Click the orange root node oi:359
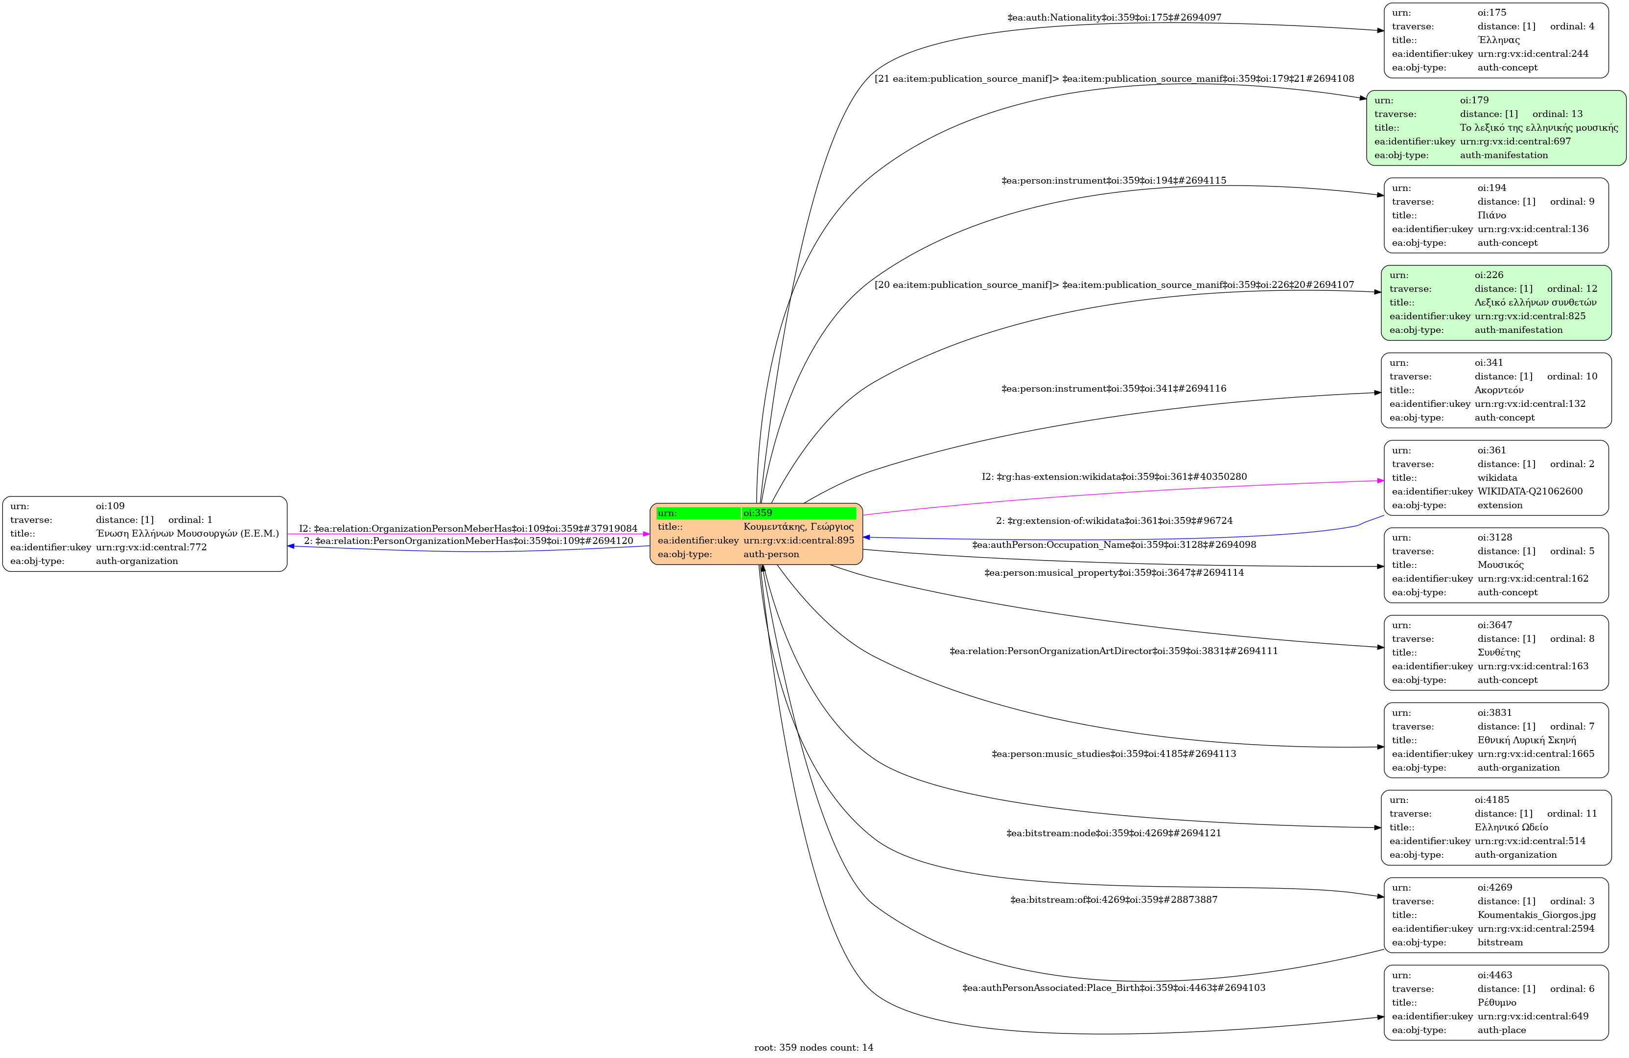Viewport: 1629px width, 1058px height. pos(756,534)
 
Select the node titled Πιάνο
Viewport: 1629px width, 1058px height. pos(1496,215)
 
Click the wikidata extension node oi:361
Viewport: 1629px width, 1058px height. pos(1496,477)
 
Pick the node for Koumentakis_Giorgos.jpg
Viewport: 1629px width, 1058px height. pos(1496,915)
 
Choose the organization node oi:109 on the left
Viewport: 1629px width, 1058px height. pos(144,534)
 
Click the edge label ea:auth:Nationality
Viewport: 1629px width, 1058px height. pos(1114,17)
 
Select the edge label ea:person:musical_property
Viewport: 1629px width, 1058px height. pos(1114,572)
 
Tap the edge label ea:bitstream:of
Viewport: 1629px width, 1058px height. pos(1114,899)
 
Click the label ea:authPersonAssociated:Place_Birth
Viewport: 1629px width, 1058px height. pos(1114,987)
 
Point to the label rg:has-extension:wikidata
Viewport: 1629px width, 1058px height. pos(1114,476)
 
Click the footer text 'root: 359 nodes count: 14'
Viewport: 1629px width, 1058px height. pos(814,1047)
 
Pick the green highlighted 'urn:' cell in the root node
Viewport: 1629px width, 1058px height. pos(698,513)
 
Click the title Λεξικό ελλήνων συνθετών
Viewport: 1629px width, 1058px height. pos(1535,302)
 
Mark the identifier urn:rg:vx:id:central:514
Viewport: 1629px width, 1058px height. pos(1530,841)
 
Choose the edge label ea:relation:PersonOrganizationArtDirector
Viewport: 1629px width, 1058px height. pos(1114,651)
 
